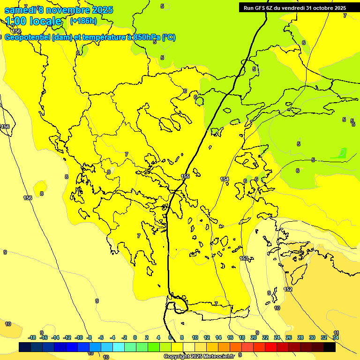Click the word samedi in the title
pos(20,9)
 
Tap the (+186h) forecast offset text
pos(83,21)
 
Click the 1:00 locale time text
pos(33,21)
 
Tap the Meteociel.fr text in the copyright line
pos(216,357)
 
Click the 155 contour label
pos(185,176)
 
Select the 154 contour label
pos(225,179)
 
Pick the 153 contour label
pos(244,258)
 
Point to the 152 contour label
pos(288,289)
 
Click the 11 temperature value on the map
pos(336,333)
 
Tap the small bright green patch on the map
pos(343,152)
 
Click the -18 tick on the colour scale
pos(32,337)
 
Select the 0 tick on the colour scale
pos(135,337)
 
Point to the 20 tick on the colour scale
pos(254,337)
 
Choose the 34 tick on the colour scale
pos(336,337)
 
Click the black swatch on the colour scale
pos(330,347)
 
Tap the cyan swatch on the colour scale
pos(118,347)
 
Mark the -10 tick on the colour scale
pos(79,337)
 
